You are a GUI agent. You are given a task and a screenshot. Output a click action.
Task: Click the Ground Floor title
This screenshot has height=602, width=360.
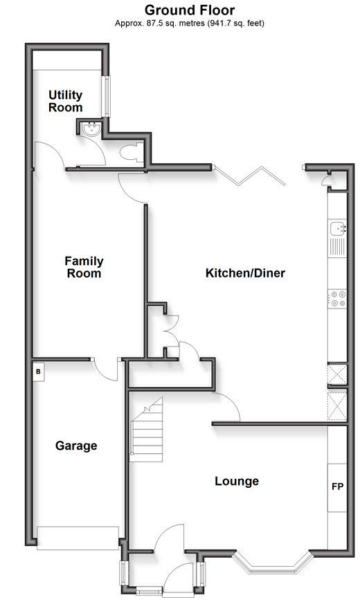[x=190, y=10]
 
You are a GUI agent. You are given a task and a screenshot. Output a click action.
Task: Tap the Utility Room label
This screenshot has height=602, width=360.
[x=65, y=101]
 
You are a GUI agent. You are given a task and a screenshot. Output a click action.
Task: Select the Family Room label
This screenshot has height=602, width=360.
[x=84, y=267]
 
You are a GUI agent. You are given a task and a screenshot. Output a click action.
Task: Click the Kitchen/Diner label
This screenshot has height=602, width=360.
[x=245, y=273]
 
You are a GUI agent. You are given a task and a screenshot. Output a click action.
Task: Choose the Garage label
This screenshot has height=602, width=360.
[x=76, y=446]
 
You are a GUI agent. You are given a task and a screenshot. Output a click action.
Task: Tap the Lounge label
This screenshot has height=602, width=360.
[x=237, y=481]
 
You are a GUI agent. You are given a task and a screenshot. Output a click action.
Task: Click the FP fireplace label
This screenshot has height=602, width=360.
[x=337, y=486]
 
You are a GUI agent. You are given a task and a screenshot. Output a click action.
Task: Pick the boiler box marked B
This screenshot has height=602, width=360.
[x=38, y=372]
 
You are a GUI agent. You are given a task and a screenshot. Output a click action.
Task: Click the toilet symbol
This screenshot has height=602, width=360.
[x=129, y=154]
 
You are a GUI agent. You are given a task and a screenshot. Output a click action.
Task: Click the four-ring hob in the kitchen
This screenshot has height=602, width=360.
[x=337, y=299]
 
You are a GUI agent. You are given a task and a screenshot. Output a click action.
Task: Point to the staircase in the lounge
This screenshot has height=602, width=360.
[x=146, y=429]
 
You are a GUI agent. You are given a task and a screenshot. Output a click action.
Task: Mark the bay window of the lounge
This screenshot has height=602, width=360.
[x=272, y=563]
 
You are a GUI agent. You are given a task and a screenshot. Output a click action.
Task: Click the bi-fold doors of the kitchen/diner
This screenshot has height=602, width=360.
[x=250, y=176]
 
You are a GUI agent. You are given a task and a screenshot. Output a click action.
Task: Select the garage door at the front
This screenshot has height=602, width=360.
[x=78, y=538]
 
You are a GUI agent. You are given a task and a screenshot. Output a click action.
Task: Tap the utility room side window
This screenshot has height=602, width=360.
[x=107, y=96]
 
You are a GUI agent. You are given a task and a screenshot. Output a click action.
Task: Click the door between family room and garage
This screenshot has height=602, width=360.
[x=106, y=370]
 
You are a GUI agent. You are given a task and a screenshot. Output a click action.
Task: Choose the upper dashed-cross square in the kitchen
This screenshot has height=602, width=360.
[x=337, y=374]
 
